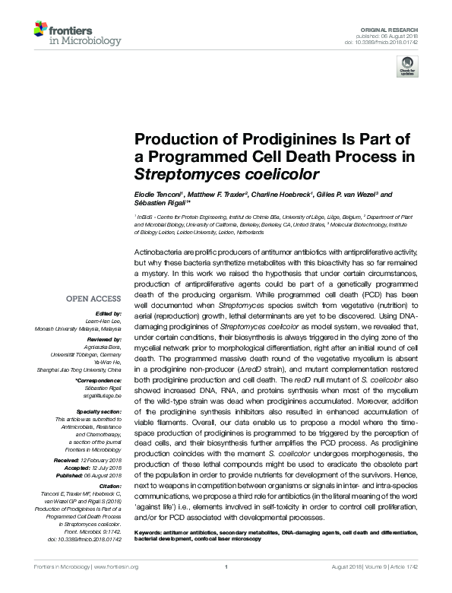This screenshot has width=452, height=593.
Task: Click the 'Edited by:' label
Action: (x=109, y=313)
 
